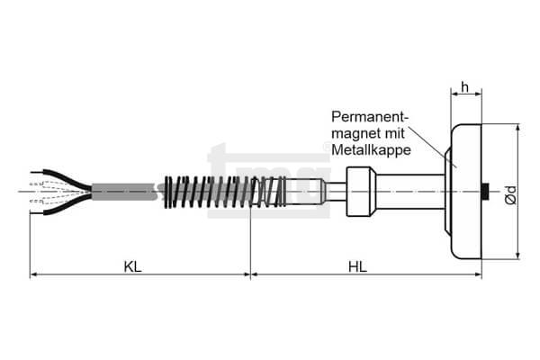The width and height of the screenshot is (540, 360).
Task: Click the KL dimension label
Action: pos(133,267)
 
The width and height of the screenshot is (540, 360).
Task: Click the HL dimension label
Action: pos(358,267)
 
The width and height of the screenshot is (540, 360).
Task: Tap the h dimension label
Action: pos(465,87)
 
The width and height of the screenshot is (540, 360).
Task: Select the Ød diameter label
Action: pos(512,195)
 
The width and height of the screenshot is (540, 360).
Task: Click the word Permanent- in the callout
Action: pos(370,117)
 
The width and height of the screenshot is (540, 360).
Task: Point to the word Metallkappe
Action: pos(371,150)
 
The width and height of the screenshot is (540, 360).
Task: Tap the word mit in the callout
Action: pos(395,133)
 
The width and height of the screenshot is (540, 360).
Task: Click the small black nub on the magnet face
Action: pos(486,192)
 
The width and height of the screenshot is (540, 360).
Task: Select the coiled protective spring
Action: pos(225,192)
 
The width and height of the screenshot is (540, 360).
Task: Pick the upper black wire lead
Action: pos(62,178)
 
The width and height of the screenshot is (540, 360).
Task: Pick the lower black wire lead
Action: pos(62,206)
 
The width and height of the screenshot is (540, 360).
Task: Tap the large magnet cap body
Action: pos(466,192)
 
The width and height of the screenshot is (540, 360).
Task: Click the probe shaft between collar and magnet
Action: pos(410,192)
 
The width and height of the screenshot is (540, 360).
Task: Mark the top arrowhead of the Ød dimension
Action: pos(517,128)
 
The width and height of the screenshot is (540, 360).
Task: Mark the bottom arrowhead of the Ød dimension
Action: pos(517,256)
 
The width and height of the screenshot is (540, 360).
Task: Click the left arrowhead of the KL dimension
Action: pos(34,274)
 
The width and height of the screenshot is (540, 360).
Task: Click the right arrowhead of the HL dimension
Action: pos(477,274)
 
